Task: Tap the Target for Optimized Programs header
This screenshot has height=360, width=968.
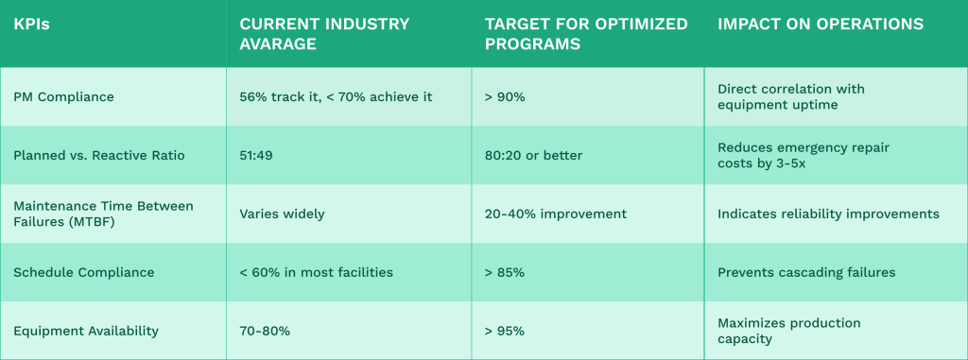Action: click(585, 33)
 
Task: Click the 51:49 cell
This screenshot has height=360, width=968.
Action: click(257, 155)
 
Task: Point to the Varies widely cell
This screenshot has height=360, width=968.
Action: click(282, 214)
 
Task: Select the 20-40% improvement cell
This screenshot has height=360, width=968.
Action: click(555, 214)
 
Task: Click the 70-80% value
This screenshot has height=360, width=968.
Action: click(265, 331)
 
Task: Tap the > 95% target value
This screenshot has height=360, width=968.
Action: click(504, 331)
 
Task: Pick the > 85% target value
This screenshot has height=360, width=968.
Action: click(504, 272)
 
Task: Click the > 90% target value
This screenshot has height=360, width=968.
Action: click(504, 96)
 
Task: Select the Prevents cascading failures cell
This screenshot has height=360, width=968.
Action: click(805, 272)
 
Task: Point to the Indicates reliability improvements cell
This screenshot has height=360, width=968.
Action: click(828, 214)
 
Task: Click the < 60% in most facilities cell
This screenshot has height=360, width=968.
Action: click(316, 272)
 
